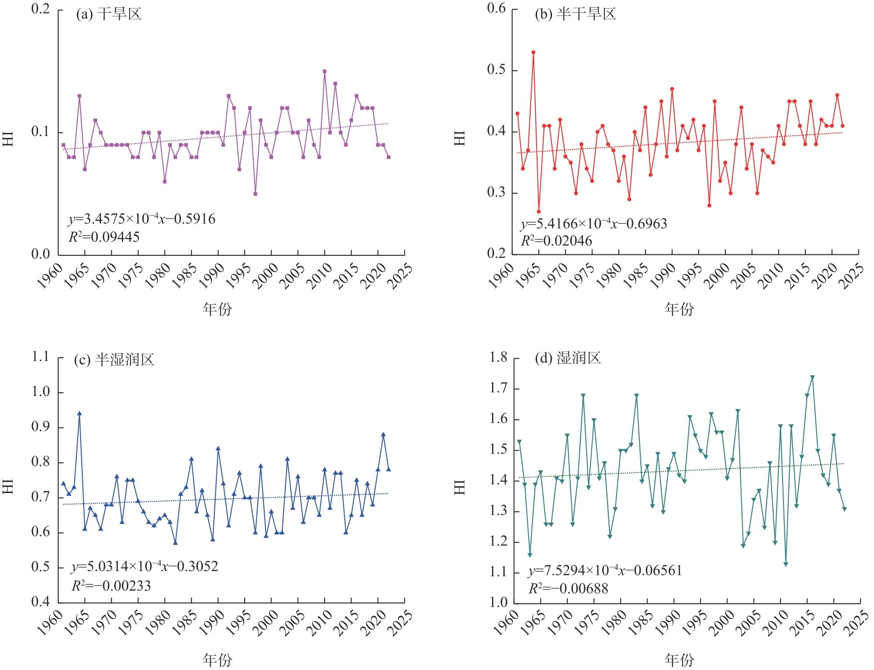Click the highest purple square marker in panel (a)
pos(325,71)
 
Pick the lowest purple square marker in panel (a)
pos(256,194)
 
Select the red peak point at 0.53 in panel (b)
pos(533,52)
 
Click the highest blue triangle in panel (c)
pos(79,413)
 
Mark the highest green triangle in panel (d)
pos(813,377)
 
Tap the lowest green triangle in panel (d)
pos(786,564)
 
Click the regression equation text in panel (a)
pos(142,219)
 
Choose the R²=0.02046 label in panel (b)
pos(557,240)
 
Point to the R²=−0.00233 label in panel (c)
pos(111,585)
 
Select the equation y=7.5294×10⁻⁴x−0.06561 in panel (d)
pos(605,571)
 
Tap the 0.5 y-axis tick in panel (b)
pos(497,71)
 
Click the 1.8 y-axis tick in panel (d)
pos(497,358)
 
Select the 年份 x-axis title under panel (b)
pos(679,310)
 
